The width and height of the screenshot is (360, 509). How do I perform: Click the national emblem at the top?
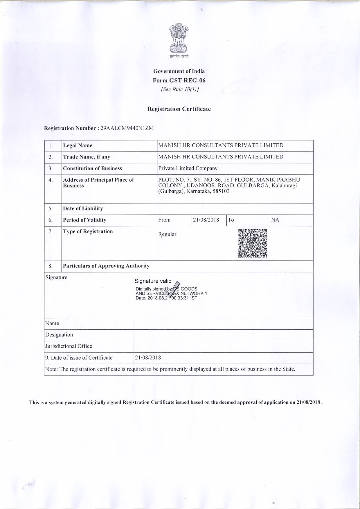click(179, 39)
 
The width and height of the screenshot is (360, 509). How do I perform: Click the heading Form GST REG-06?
click(179, 80)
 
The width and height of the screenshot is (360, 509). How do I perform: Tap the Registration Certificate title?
click(179, 109)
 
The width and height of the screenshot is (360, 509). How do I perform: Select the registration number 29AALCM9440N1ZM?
click(127, 128)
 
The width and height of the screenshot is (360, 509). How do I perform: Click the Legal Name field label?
click(78, 146)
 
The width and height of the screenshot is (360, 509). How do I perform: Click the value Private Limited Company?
click(188, 168)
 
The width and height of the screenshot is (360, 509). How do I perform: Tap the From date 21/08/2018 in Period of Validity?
click(206, 220)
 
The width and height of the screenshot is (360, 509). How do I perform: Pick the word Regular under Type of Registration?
click(168, 234)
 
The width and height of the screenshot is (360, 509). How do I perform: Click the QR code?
click(253, 243)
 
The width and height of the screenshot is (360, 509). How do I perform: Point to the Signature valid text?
click(153, 281)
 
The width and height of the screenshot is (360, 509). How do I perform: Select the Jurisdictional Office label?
click(69, 346)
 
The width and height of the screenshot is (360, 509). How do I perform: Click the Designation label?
click(59, 335)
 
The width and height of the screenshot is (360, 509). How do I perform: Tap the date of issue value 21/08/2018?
click(148, 358)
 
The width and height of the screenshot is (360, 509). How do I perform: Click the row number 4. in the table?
click(51, 180)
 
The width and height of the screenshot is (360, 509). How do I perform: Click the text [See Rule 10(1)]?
click(180, 89)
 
